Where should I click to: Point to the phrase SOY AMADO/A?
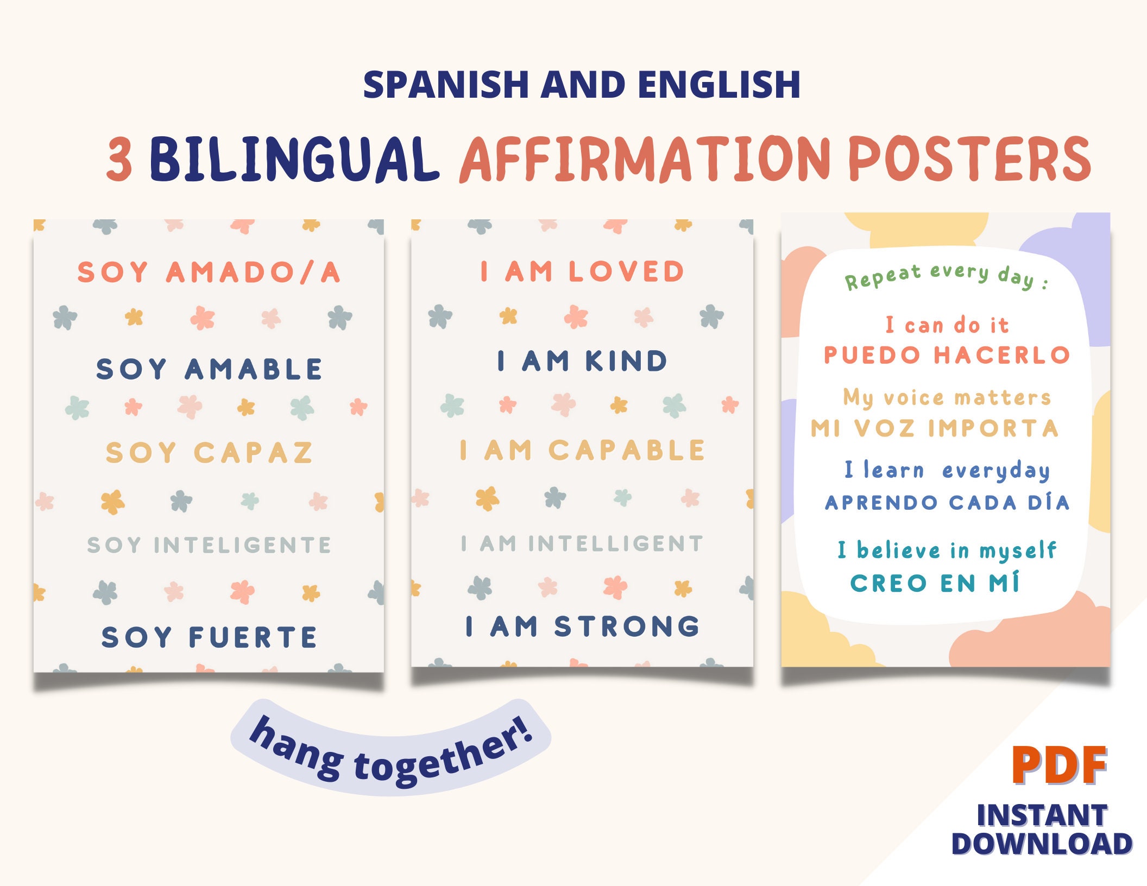209,272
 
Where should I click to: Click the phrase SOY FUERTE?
209,637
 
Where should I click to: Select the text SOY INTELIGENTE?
209,545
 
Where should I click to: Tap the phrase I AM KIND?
582,361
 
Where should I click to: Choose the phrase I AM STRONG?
582,626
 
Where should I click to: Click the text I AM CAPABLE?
582,450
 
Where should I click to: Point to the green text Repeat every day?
946,277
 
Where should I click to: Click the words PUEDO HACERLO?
947,355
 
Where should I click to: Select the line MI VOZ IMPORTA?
935,428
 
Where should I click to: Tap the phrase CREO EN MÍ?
935,583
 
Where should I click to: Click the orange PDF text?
1058,765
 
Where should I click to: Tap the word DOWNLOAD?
1042,844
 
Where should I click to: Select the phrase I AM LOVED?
582,271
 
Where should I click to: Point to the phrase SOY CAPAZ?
209,452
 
